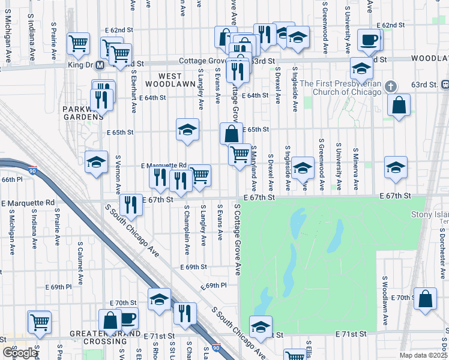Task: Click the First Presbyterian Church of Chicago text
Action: pyautogui.click(x=341, y=88)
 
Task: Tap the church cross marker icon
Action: pyautogui.click(x=391, y=87)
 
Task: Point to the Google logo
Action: pyautogui.click(x=20, y=353)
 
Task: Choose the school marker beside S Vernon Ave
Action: pyautogui.click(x=96, y=163)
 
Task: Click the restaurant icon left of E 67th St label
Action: pyautogui.click(x=130, y=205)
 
